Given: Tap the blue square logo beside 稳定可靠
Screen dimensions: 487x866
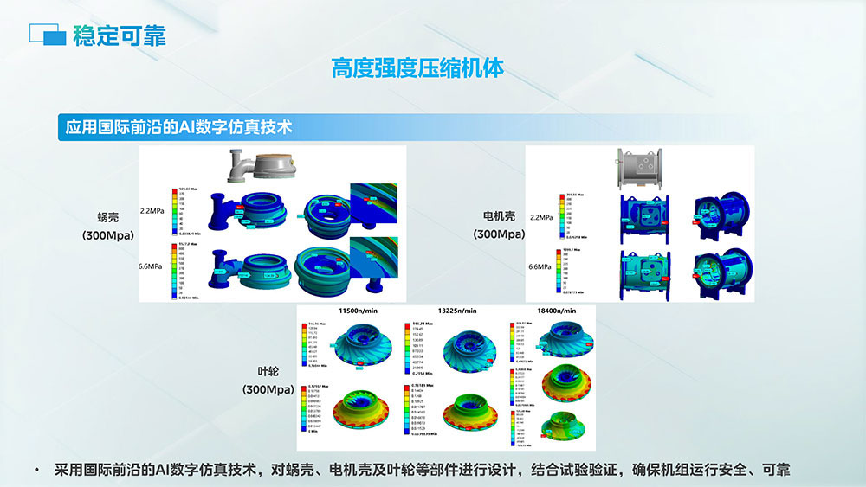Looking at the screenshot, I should (x=48, y=35).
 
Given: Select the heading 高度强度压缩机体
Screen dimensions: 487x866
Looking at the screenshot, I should (x=417, y=68).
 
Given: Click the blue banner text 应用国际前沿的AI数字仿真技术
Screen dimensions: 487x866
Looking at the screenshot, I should (x=178, y=126).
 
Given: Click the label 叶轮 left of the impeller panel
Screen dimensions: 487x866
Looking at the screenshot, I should (x=268, y=372).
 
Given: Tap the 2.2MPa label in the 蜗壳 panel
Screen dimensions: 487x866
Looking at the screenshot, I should (x=152, y=211).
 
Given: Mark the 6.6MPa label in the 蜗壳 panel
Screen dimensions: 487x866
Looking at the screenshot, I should (x=152, y=268).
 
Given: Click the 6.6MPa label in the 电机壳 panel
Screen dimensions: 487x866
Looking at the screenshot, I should (x=540, y=267).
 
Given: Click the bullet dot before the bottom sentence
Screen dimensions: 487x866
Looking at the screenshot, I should (x=36, y=470).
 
